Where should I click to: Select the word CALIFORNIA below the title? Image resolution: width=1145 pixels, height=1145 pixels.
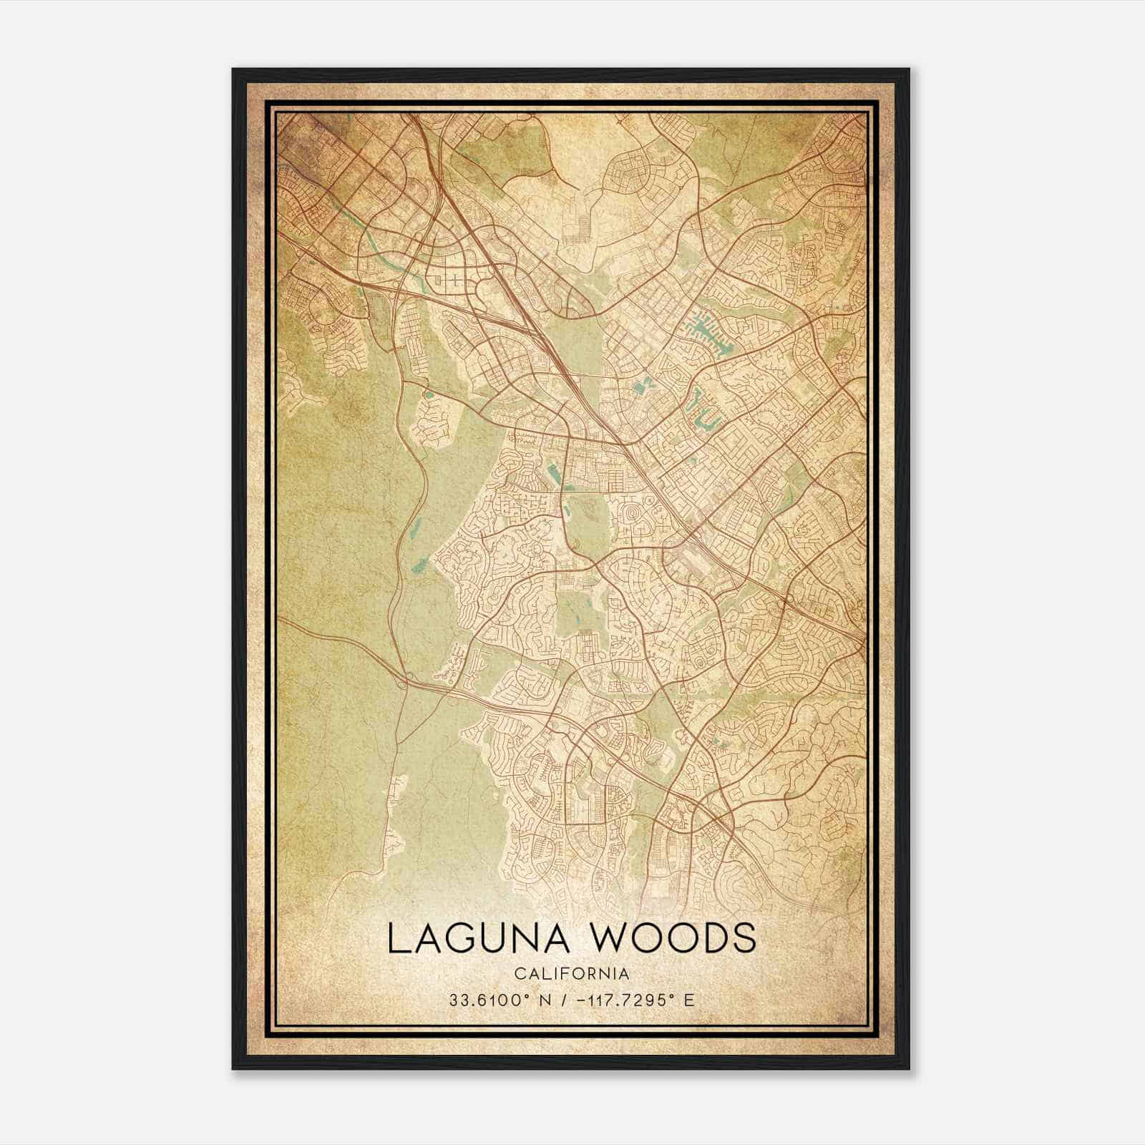tap(570, 973)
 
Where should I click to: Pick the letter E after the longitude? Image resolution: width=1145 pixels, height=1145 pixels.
tap(689, 1000)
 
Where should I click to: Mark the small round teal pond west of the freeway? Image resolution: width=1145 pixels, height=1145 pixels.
tap(429, 393)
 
